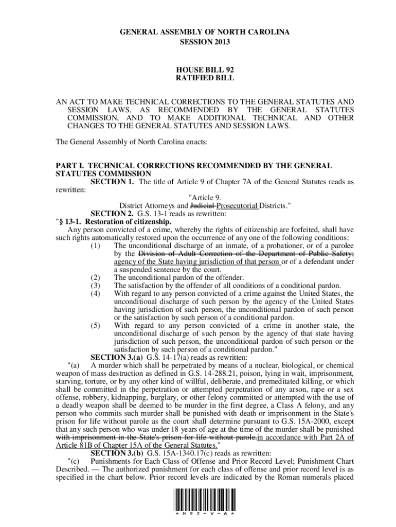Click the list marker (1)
point(95,246)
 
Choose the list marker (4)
point(95,293)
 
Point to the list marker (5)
point(95,326)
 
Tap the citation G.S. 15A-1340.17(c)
point(178,453)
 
